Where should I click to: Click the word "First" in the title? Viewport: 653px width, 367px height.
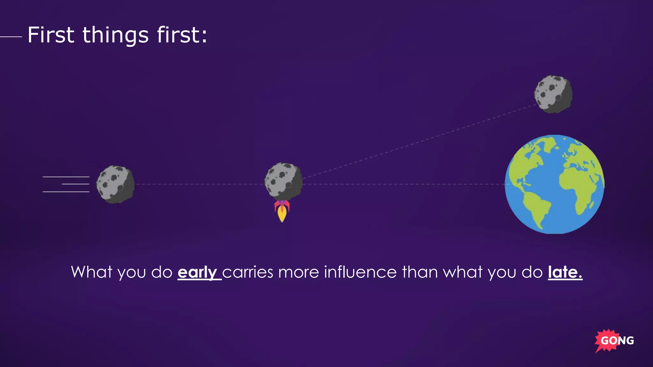tap(51, 35)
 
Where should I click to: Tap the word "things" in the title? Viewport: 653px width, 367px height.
tap(116, 36)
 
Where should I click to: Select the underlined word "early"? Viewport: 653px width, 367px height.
tap(198, 272)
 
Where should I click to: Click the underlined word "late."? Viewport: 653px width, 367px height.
tap(565, 272)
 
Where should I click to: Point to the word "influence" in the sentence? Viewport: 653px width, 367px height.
tap(360, 272)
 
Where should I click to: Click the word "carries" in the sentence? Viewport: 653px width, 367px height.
tap(248, 272)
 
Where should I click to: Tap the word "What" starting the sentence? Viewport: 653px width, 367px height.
tap(92, 272)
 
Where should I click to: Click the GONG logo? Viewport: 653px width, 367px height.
tap(614, 341)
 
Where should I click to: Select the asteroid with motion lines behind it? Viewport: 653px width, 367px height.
tap(115, 184)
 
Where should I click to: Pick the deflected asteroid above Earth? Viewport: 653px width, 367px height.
tap(553, 94)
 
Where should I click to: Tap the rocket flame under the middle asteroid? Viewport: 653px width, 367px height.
tap(282, 213)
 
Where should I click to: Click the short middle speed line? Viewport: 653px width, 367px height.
tap(76, 184)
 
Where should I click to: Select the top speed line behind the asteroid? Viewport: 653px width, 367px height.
tap(66, 177)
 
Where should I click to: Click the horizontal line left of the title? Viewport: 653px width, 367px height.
tap(11, 37)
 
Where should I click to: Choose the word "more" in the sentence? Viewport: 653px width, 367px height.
tap(298, 272)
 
